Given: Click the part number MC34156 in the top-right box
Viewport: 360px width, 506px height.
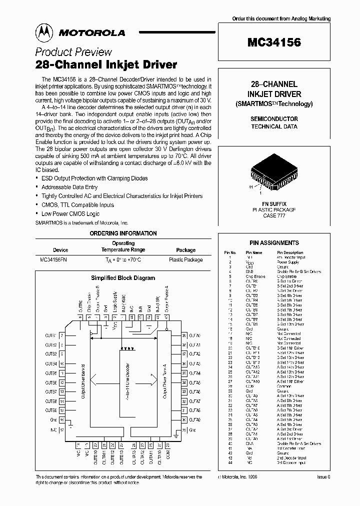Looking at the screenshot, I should pyautogui.click(x=273, y=42).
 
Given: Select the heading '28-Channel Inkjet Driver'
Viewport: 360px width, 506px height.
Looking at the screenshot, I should pyautogui.click(x=106, y=64).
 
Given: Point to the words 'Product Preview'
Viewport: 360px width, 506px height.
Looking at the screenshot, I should pyautogui.click(x=73, y=52).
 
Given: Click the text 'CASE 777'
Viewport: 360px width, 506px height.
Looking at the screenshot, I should pyautogui.click(x=273, y=215).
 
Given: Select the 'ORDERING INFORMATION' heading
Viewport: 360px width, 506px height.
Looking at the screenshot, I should pyautogui.click(x=123, y=233).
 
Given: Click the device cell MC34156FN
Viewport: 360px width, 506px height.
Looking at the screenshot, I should pyautogui.click(x=54, y=260).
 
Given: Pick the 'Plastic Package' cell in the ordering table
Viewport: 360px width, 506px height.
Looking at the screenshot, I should pyautogui.click(x=186, y=260).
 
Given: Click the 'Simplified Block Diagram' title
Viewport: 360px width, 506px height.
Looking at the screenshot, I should pyautogui.click(x=123, y=278).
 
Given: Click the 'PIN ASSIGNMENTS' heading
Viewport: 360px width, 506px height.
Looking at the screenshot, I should pyautogui.click(x=274, y=242).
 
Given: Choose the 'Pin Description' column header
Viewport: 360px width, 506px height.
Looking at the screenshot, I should pyautogui.click(x=289, y=252).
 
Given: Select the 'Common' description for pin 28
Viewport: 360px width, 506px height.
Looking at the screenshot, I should pyautogui.click(x=283, y=386).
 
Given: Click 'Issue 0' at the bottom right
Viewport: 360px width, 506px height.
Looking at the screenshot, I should pyautogui.click(x=323, y=477).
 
